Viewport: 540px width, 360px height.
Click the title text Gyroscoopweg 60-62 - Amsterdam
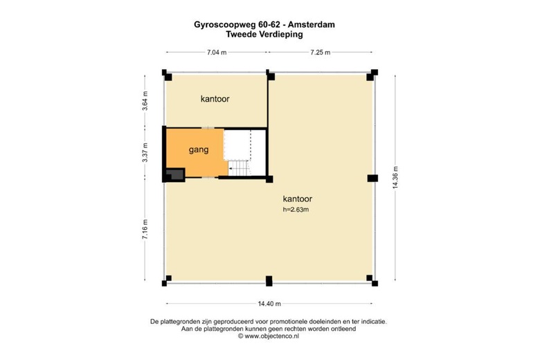[x=269, y=24]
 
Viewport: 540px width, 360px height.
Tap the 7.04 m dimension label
[x=217, y=52]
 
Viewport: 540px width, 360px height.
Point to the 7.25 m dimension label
[x=320, y=52]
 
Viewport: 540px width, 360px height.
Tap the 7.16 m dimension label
[x=145, y=229]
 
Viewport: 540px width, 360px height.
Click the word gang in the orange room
[x=199, y=150]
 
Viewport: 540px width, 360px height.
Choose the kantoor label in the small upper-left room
[x=215, y=99]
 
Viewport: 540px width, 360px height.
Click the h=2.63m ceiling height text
[x=296, y=209]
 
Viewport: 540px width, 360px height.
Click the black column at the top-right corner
[x=373, y=73]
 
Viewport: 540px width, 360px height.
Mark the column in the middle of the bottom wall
[x=269, y=281]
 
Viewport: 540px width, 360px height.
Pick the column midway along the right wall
[x=372, y=178]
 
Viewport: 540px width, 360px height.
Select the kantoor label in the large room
[x=297, y=198]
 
